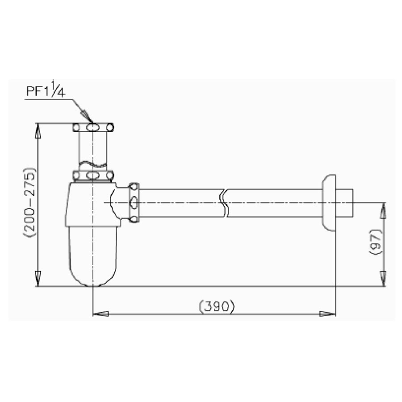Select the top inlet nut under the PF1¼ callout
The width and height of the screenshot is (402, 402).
(x=92, y=128)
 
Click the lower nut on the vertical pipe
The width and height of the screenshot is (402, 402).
(x=92, y=175)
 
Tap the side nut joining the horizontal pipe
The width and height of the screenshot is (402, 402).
(x=134, y=203)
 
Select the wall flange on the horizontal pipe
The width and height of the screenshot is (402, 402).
(x=329, y=202)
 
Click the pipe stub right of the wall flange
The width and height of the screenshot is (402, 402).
(x=347, y=202)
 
